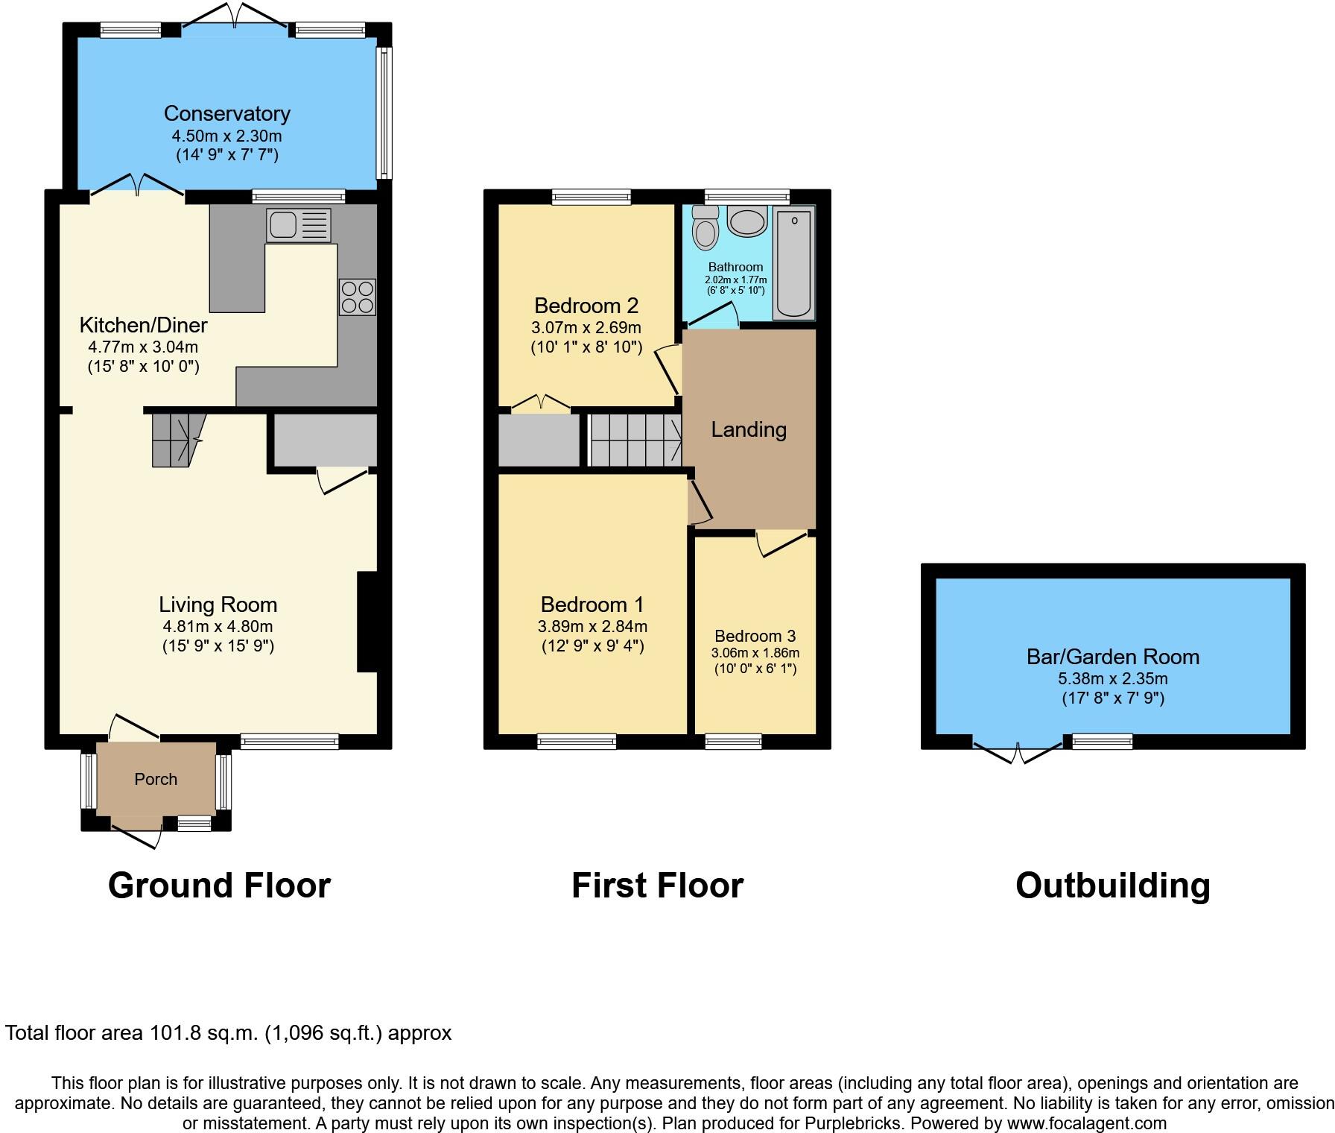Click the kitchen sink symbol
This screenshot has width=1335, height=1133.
click(x=299, y=225)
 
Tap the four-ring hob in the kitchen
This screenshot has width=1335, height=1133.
click(x=357, y=297)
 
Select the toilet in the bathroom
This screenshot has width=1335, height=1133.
click(x=705, y=227)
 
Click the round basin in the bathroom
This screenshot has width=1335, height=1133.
click(x=746, y=221)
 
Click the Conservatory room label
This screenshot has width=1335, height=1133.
click(x=226, y=113)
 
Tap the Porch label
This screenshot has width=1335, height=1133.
click(x=156, y=779)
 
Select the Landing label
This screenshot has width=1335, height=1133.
click(x=749, y=429)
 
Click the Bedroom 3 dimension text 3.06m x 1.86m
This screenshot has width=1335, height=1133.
click(x=755, y=653)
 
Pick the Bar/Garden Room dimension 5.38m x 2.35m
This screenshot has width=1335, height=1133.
click(x=1112, y=678)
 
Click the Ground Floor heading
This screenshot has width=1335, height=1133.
click(x=219, y=886)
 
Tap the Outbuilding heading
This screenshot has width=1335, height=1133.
click(x=1112, y=886)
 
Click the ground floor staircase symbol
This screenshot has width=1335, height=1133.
click(x=177, y=440)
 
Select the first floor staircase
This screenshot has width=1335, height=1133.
click(x=635, y=440)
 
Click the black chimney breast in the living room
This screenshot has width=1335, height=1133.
click(x=368, y=622)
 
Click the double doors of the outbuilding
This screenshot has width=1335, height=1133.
click(x=1018, y=751)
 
